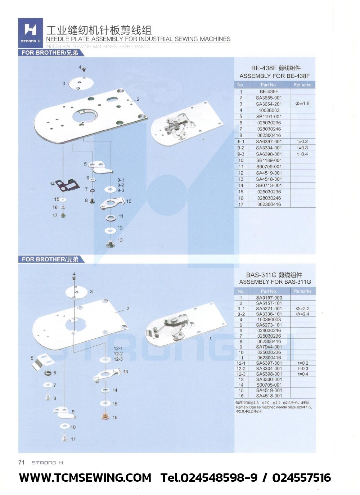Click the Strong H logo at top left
(31, 32)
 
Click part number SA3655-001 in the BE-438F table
(269, 98)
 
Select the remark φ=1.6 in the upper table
(302, 104)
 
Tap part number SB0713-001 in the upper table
(269, 186)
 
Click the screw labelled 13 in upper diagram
(110, 244)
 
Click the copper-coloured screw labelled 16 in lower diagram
(105, 417)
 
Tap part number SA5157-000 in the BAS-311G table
(269, 298)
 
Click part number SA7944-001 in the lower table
(269, 347)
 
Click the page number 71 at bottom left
(22, 463)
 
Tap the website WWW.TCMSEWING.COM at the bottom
(85, 478)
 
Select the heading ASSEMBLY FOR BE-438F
(274, 76)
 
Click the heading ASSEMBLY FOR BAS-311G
(275, 282)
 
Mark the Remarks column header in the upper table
(302, 85)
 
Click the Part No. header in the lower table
(269, 291)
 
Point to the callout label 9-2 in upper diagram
(121, 185)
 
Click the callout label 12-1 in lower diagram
(118, 348)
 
